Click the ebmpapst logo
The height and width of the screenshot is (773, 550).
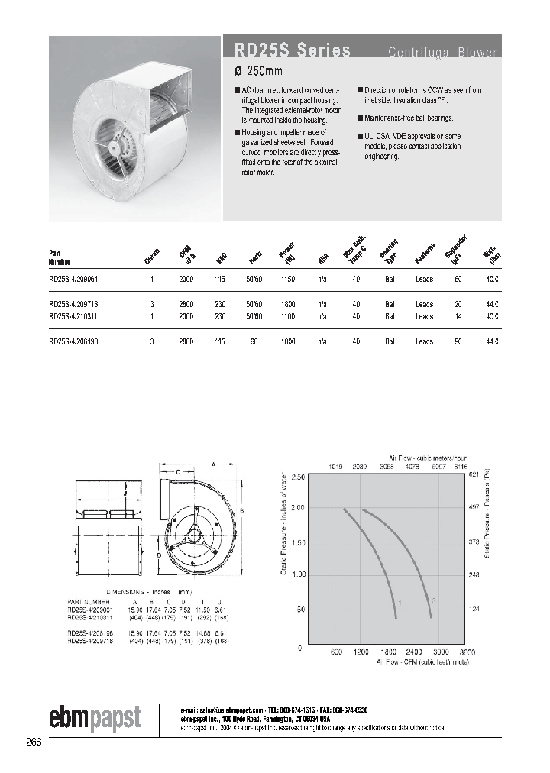point(94,717)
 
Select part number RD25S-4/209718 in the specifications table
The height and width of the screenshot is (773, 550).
point(73,304)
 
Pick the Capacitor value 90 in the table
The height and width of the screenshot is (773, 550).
point(458,342)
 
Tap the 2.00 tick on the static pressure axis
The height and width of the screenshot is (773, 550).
point(297,507)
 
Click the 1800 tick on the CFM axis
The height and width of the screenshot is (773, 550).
point(388,653)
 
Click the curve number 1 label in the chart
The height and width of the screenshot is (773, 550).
point(399,603)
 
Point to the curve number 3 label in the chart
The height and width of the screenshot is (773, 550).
point(433,600)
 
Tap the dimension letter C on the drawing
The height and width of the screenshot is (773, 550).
point(179,472)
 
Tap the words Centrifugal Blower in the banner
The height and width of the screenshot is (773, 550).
point(442,52)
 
